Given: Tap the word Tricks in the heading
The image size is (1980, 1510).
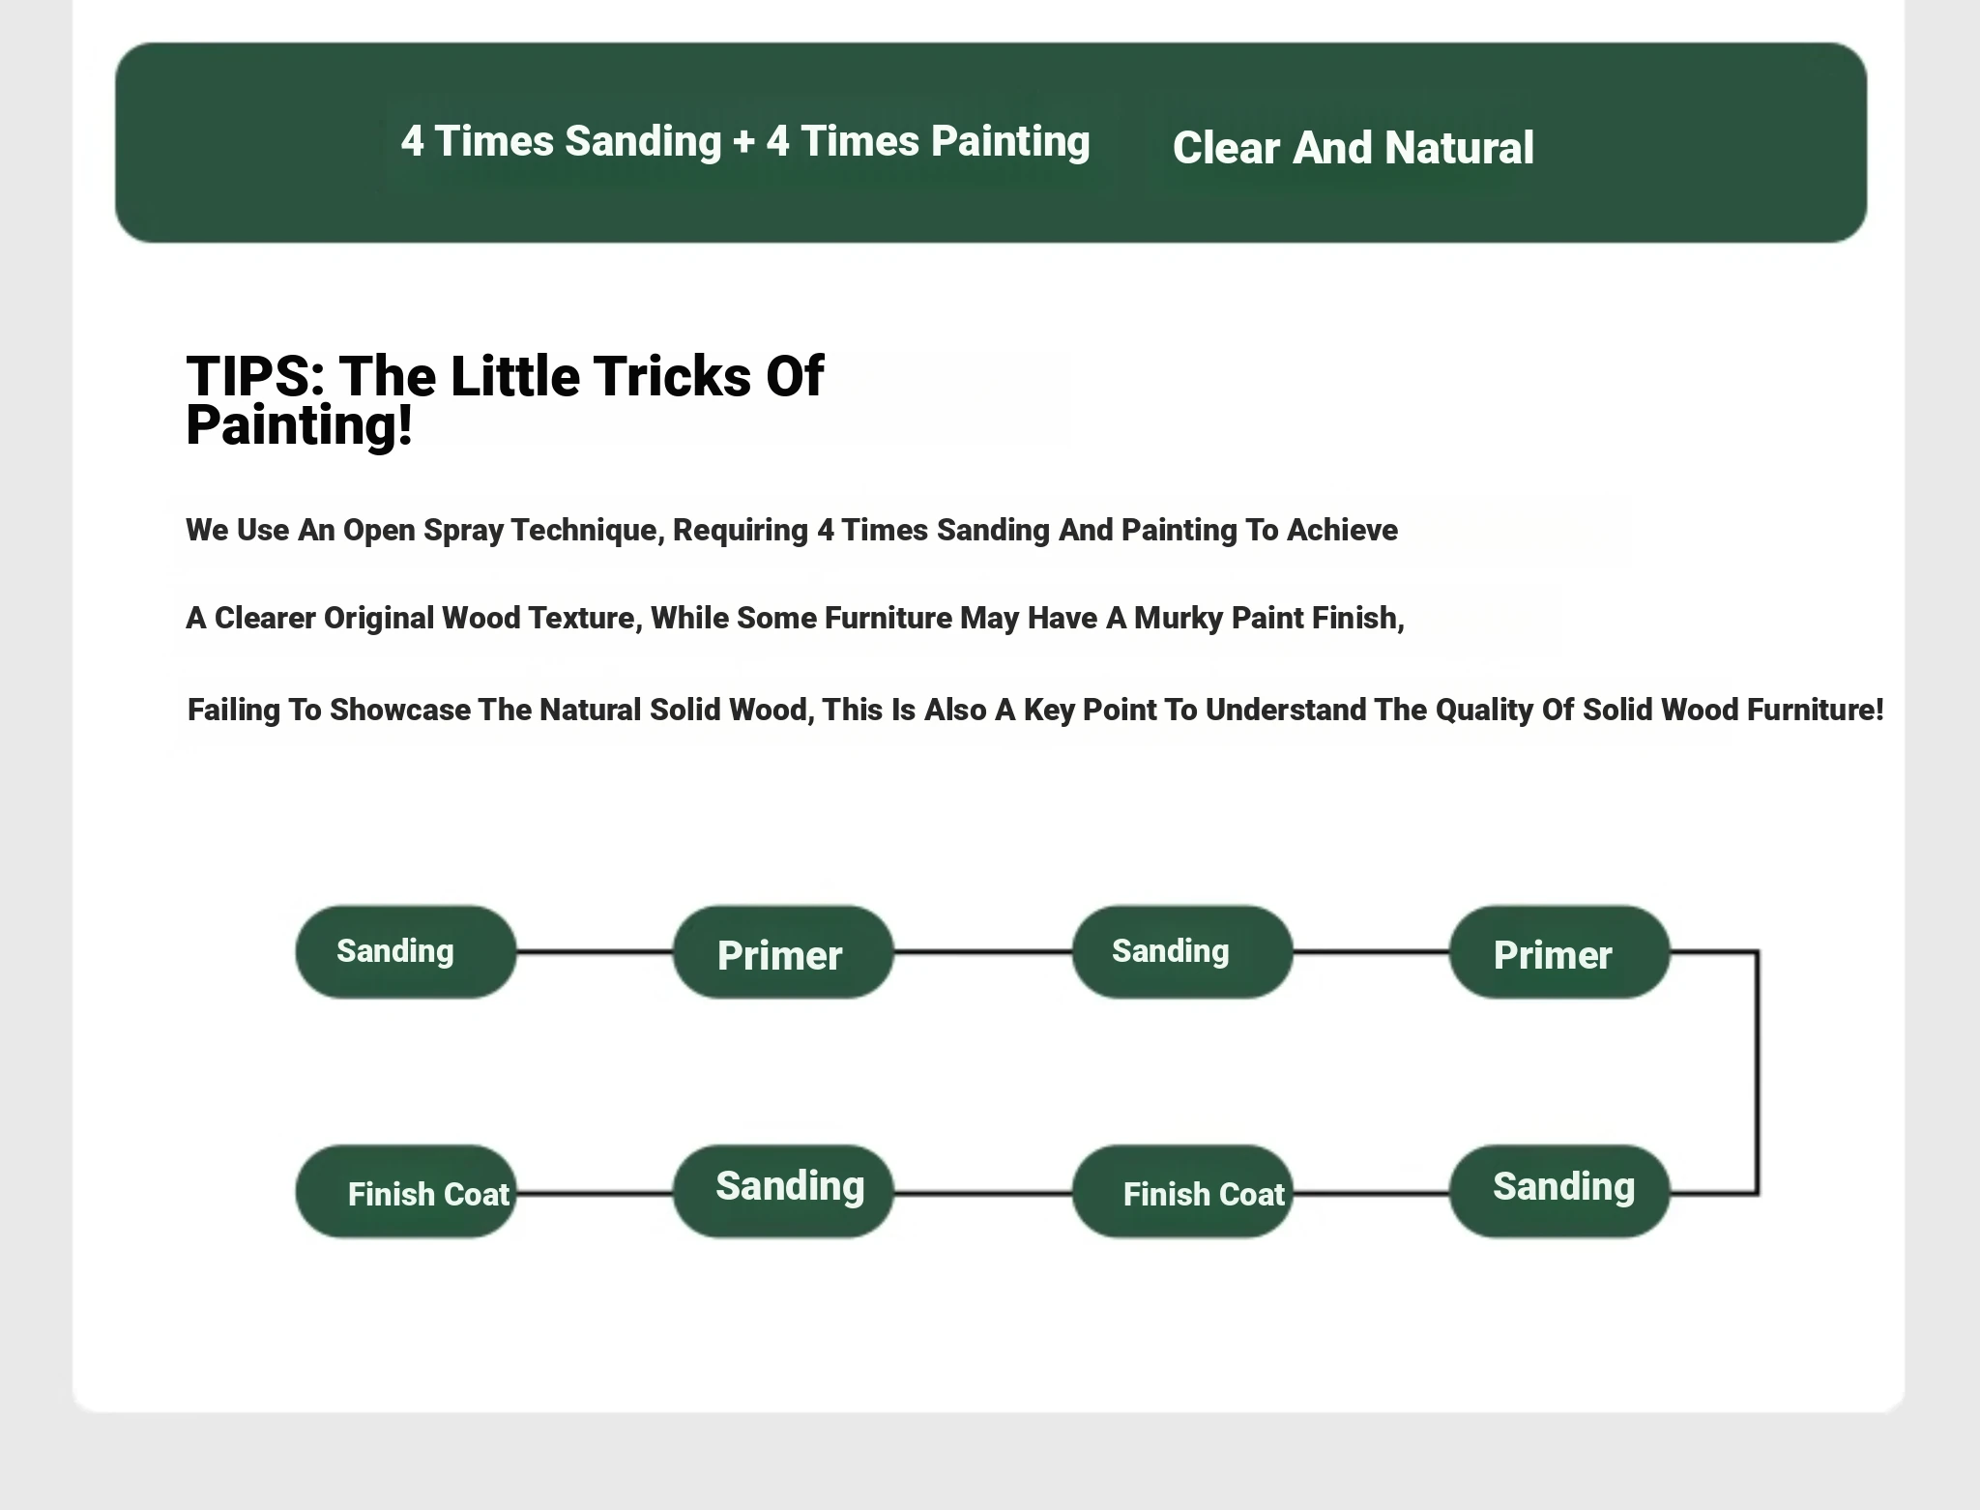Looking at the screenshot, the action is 672,376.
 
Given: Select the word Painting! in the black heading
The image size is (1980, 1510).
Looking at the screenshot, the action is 299,426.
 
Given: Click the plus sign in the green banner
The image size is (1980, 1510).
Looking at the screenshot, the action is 743,142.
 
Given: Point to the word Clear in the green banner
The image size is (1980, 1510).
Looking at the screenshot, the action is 1226,148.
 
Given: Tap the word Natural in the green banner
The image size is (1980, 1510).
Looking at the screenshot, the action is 1459,148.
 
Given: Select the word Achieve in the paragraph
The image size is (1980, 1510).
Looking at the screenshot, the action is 1342,530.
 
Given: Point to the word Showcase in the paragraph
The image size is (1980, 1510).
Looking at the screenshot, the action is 399,710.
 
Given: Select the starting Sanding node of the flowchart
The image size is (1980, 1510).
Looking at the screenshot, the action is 406,952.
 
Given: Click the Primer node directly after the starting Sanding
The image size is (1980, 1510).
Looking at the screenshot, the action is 783,952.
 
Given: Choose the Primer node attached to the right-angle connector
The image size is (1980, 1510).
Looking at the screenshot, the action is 1559,952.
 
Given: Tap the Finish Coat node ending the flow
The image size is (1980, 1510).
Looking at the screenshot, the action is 406,1191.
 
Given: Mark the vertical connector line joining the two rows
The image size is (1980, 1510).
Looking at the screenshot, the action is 1758,1073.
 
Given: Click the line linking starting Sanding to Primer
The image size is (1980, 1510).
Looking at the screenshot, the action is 595,952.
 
